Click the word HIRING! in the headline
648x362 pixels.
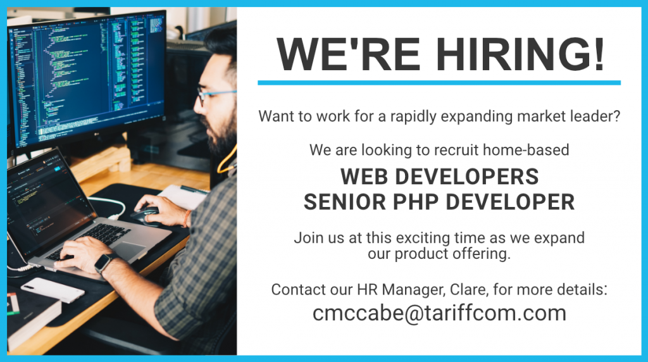tap(520, 54)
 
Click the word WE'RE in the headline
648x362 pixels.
tap(349, 54)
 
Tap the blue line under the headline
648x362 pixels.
tap(439, 83)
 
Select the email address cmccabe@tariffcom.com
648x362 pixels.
tap(439, 313)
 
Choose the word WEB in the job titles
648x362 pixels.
tap(364, 177)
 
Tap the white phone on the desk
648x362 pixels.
tap(53, 290)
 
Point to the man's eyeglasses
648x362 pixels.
tap(215, 96)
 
